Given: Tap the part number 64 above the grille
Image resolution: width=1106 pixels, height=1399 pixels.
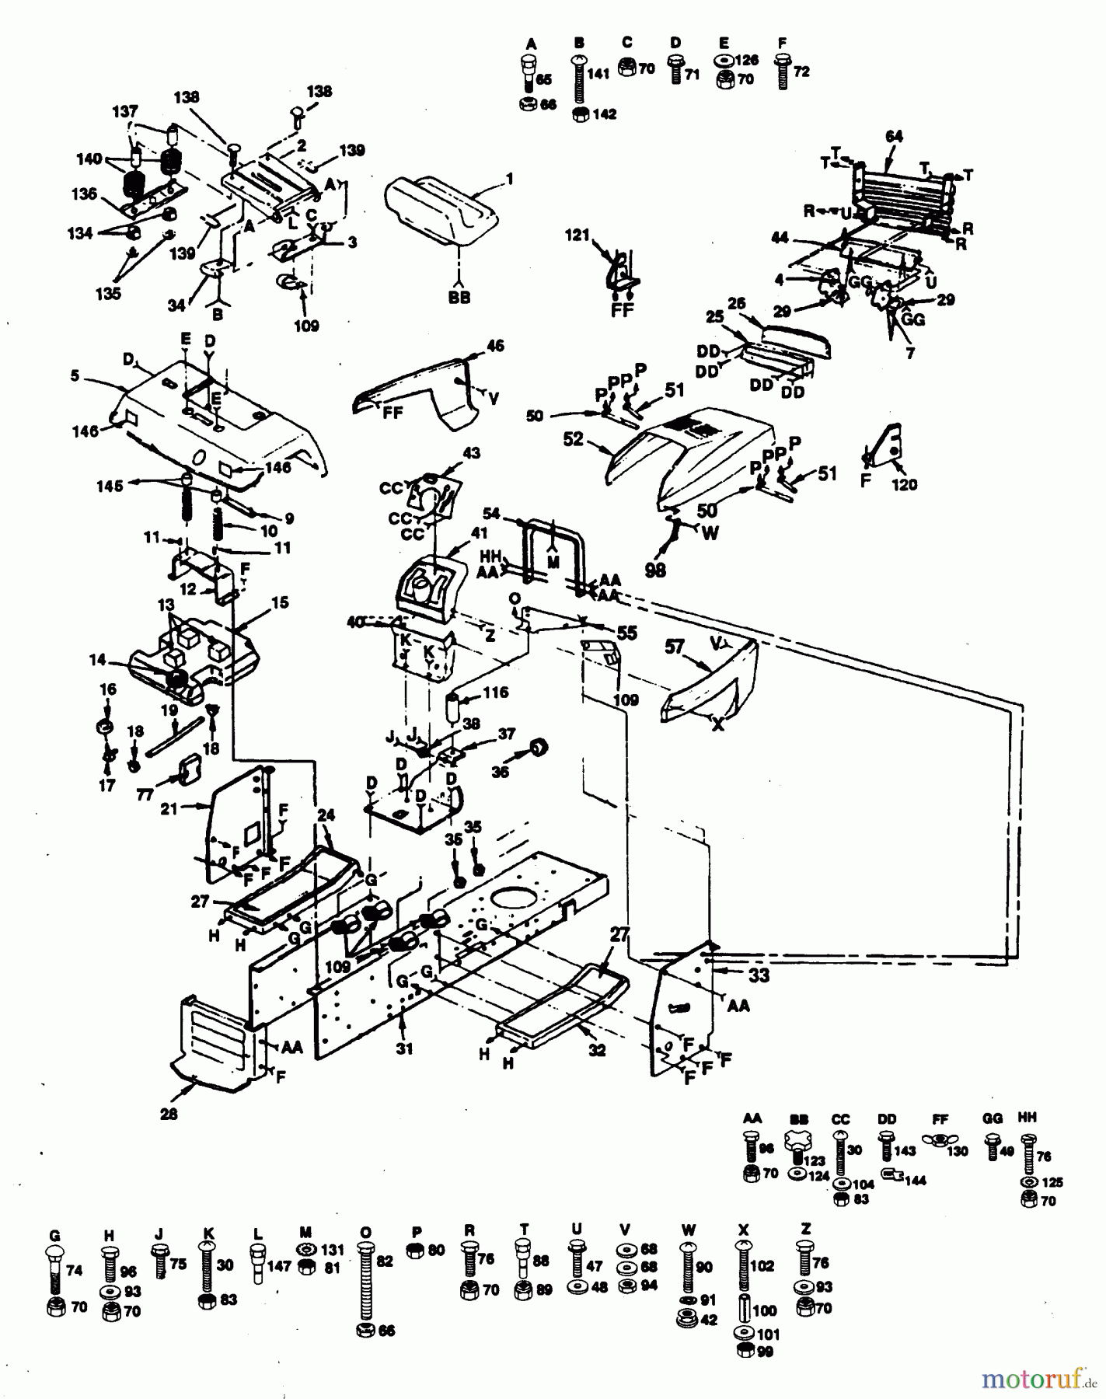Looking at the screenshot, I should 894,137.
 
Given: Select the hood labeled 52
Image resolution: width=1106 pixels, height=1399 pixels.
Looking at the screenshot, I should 692,459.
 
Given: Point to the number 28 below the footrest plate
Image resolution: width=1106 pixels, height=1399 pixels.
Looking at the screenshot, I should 169,1114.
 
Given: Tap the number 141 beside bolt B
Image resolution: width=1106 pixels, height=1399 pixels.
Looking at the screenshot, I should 598,75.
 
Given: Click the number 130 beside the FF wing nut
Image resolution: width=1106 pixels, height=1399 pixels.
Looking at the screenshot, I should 958,1151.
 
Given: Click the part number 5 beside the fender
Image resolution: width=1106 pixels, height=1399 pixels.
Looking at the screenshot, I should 75,376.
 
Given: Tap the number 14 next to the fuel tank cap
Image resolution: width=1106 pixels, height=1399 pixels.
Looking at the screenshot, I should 96,660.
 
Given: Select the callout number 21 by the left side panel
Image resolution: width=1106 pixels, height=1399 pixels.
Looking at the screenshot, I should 169,808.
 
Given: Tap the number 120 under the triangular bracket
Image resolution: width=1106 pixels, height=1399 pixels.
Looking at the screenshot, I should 904,484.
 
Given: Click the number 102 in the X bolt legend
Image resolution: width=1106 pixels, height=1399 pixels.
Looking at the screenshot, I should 762,1265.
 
